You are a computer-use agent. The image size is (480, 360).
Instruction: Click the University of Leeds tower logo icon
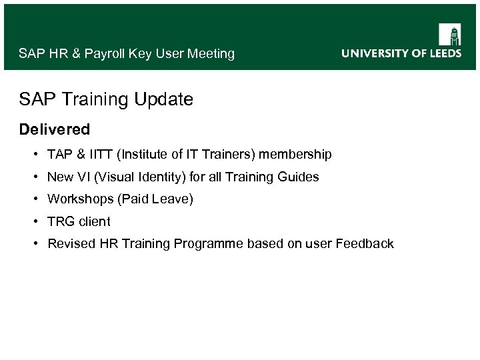coord(449,34)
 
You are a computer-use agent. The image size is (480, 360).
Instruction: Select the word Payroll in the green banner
coord(106,54)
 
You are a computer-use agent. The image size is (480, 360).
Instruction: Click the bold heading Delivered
coord(55,128)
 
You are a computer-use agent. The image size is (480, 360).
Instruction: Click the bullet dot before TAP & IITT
coord(34,155)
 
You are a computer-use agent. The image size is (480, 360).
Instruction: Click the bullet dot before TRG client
coord(34,221)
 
